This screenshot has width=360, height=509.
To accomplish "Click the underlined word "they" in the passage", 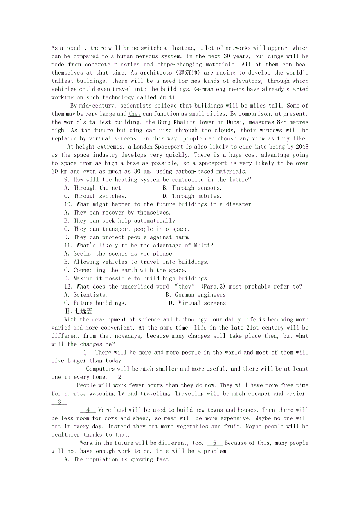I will tap(135, 114).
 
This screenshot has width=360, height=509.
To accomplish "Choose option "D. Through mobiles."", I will tap(192, 196).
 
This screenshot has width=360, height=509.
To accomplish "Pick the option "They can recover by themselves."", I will tap(122, 212).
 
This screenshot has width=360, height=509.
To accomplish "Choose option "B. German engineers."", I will tap(196, 294).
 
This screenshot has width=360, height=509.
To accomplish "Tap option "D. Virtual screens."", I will tap(198, 303).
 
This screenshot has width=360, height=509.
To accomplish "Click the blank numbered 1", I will tap(85, 352).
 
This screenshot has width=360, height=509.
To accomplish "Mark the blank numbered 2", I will tap(119, 377).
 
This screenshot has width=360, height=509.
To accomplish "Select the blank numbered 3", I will tap(59, 402).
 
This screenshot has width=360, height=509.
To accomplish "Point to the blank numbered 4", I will tap(88, 410).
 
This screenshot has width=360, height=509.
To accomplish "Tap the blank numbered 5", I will tap(214, 443).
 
